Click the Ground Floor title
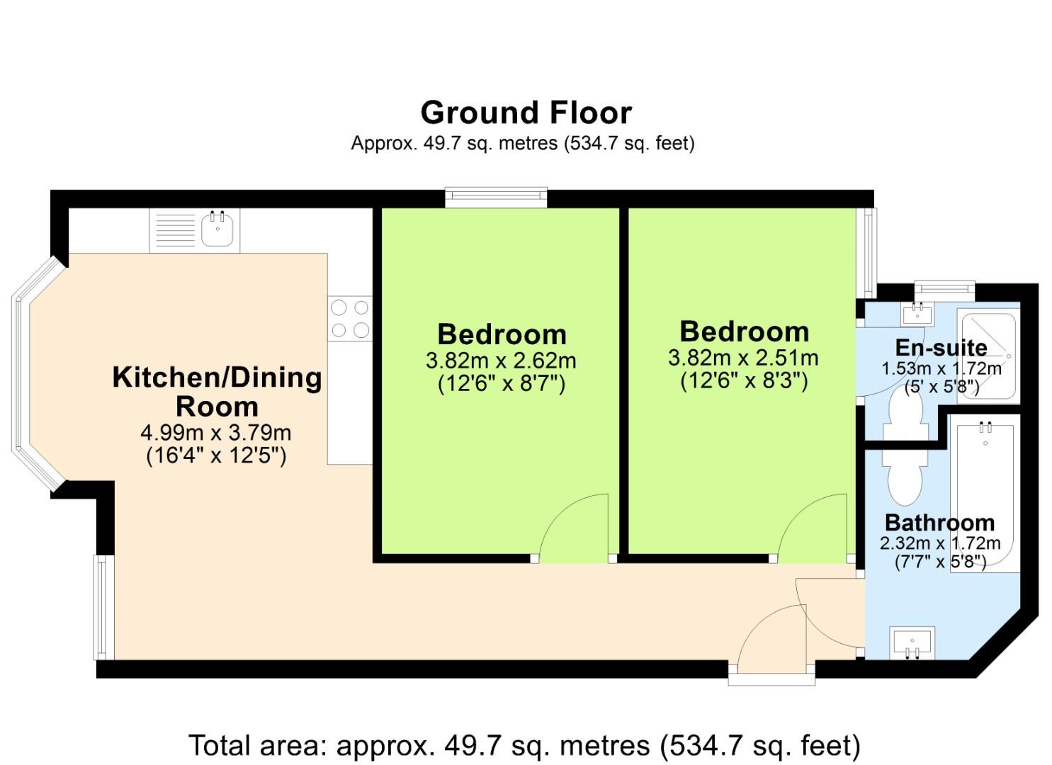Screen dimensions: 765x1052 point(526,113)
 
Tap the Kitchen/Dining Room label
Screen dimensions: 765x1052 point(217,392)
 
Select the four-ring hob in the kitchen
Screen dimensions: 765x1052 point(350,318)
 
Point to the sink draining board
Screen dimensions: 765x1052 point(174,229)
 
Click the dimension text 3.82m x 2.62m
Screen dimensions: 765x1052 point(501,361)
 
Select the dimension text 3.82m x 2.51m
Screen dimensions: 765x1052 point(743,358)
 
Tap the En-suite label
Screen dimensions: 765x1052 point(941,347)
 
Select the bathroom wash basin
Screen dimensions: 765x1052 point(912,642)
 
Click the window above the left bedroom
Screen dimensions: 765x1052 point(496,197)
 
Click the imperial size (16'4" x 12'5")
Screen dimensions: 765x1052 point(216,455)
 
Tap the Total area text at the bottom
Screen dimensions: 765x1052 point(524,745)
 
